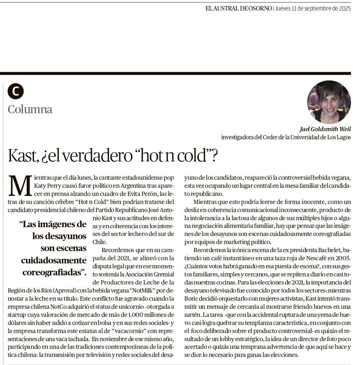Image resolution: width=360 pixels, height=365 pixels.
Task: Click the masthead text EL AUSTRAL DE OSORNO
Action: [x=239, y=8]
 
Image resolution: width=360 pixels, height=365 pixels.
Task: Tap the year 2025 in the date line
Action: [x=343, y=8]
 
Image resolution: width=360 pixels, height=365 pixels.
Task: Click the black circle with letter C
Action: [x=15, y=91]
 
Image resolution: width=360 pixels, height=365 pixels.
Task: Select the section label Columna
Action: [x=30, y=109]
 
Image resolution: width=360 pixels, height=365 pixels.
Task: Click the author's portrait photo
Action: [x=329, y=102]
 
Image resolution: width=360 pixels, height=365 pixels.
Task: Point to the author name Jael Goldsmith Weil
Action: [x=325, y=129]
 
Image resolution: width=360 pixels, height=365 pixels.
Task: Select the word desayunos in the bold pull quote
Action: [x=59, y=236]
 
